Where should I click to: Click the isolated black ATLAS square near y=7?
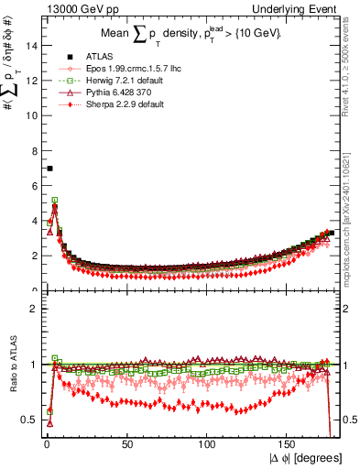tap(49, 169)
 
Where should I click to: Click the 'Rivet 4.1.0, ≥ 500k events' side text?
tap(353, 69)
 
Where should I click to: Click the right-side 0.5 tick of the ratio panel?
tap(349, 420)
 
